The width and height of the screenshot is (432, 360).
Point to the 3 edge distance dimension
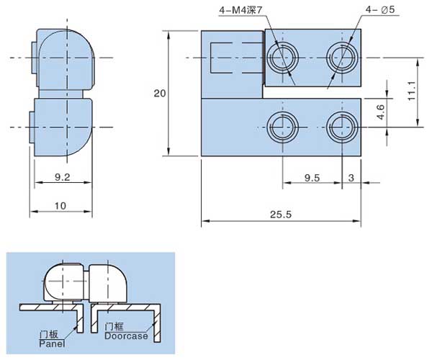coord(351,177)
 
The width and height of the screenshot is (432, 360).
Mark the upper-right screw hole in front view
coord(339,57)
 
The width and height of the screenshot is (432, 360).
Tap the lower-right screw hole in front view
coord(339,127)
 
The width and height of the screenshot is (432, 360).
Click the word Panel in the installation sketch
coord(52,344)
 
